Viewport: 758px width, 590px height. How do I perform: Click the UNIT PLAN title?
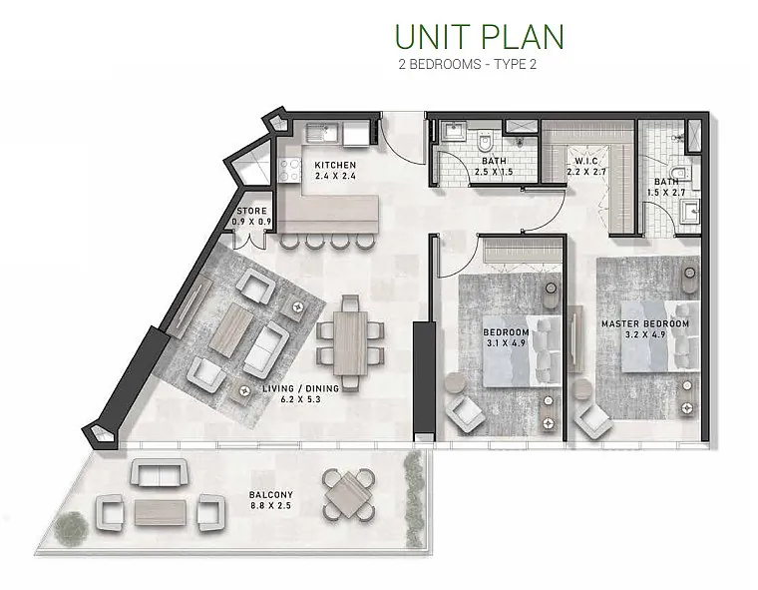click(479, 36)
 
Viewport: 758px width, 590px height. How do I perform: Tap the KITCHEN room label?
click(335, 165)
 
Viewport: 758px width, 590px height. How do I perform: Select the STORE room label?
click(251, 211)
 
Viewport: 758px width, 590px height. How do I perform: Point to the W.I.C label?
click(586, 161)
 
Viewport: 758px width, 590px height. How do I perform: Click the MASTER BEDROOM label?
click(645, 323)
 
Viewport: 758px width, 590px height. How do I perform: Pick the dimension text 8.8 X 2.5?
click(270, 506)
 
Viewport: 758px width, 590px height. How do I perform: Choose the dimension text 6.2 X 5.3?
click(300, 399)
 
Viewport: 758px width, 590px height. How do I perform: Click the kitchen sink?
click(323, 132)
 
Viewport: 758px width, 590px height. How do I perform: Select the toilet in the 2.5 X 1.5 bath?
click(484, 141)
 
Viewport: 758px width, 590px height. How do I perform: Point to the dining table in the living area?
click(351, 343)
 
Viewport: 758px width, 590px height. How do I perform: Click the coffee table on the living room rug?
click(231, 323)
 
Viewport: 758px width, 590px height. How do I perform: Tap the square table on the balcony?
click(348, 495)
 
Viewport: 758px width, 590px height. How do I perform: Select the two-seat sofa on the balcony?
click(160, 473)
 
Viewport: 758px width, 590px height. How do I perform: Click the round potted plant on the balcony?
click(71, 527)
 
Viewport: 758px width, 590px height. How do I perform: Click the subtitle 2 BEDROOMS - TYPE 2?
click(468, 64)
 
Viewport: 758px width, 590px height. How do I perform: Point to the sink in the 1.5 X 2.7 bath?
click(688, 212)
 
